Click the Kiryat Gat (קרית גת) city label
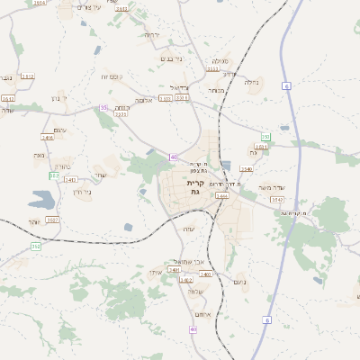pos(194,187)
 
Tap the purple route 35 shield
pos(104,107)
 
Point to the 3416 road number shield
pos(48,138)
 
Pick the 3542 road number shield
pos(276,200)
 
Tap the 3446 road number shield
pos(221,195)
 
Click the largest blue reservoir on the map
pos(42,199)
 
